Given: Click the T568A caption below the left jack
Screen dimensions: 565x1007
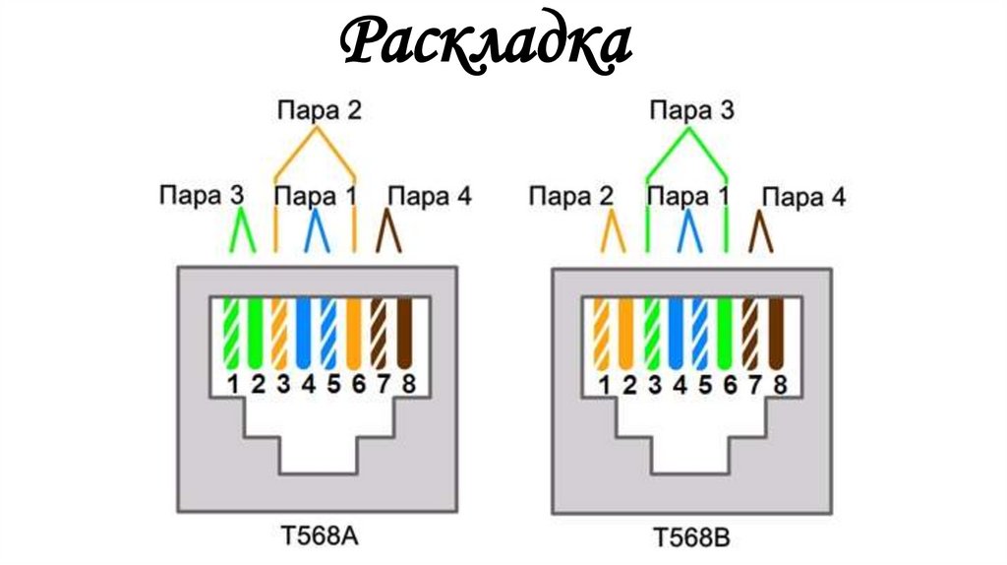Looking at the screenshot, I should click(316, 536).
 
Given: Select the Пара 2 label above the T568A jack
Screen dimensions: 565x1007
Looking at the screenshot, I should click(318, 109).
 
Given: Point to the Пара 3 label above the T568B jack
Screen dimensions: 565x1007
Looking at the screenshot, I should click(690, 110).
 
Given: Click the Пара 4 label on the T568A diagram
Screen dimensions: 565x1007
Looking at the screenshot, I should click(430, 196).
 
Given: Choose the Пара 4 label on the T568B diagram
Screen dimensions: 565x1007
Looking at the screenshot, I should click(803, 197).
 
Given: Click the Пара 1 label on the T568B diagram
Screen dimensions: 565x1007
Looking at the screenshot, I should click(688, 196).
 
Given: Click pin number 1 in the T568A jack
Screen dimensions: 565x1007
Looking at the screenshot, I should click(233, 385).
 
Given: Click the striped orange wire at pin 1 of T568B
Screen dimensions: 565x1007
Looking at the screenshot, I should click(603, 335).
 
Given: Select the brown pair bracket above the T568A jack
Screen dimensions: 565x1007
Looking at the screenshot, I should click(390, 232).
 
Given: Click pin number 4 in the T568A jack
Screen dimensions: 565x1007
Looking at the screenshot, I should click(308, 385).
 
